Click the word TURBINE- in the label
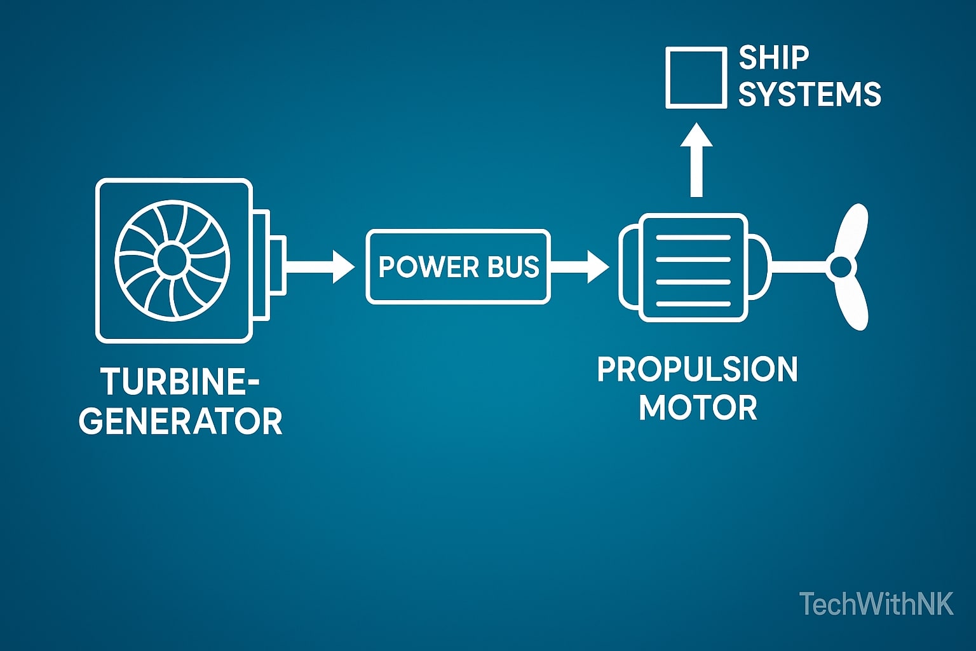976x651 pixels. pyautogui.click(x=180, y=383)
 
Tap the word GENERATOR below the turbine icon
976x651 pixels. pyautogui.click(x=181, y=421)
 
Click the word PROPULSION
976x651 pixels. pyautogui.click(x=697, y=369)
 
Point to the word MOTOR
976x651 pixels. pyautogui.click(x=698, y=408)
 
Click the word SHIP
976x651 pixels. pyautogui.click(x=773, y=58)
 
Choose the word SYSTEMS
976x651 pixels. pyautogui.click(x=810, y=94)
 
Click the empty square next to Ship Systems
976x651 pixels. pyautogui.click(x=696, y=77)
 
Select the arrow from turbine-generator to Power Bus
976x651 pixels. pyautogui.click(x=321, y=266)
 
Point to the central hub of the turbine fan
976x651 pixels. pyautogui.click(x=170, y=259)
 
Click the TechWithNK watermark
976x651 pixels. pyautogui.click(x=876, y=604)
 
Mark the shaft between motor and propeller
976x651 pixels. pyautogui.click(x=798, y=267)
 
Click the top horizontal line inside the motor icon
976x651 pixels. pyautogui.click(x=693, y=238)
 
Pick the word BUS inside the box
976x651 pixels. pyautogui.click(x=513, y=267)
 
